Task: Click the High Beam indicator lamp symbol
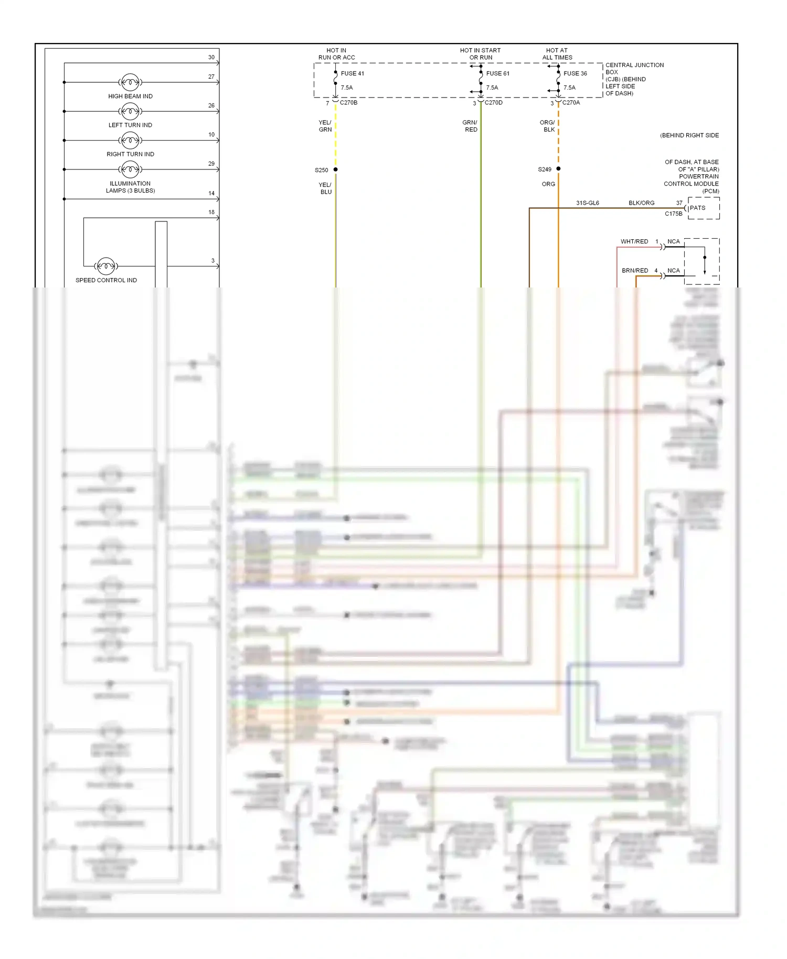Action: (x=130, y=82)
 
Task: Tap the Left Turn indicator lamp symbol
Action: (x=130, y=111)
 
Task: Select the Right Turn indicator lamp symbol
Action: (x=130, y=140)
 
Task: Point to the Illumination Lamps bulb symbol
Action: (x=130, y=169)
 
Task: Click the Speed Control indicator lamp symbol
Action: (x=106, y=266)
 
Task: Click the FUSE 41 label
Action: (x=352, y=73)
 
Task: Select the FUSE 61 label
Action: (x=497, y=73)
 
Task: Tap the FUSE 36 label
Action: (x=575, y=73)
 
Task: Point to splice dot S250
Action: (x=336, y=169)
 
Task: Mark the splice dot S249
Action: (x=558, y=169)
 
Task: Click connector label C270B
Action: (x=348, y=103)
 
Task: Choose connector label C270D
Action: (x=493, y=103)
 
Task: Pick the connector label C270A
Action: (x=571, y=103)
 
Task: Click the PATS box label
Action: (x=697, y=208)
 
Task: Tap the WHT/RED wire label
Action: (x=634, y=242)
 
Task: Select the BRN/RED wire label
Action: (x=635, y=271)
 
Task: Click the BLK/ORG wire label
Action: (x=641, y=203)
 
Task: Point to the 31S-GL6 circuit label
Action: (x=587, y=203)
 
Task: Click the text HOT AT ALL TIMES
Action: (x=557, y=54)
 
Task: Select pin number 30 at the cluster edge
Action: (x=211, y=58)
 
